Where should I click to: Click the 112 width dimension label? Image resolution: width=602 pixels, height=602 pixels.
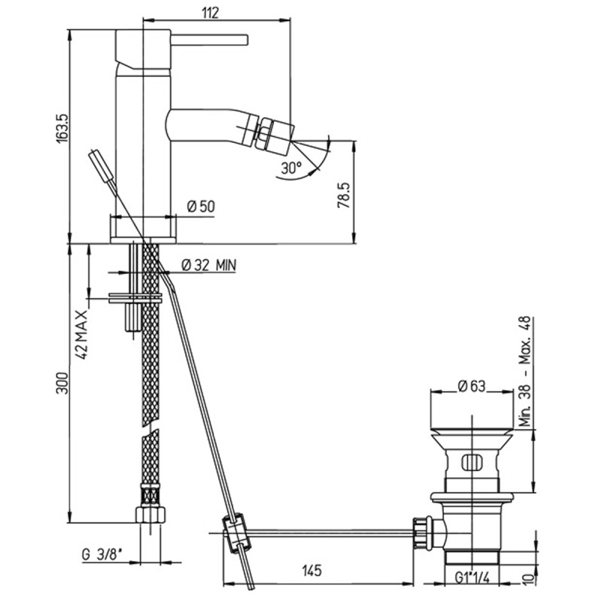pyautogui.click(x=211, y=13)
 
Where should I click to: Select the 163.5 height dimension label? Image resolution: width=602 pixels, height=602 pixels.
pyautogui.click(x=62, y=128)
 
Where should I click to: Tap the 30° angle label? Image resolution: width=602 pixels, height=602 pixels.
pyautogui.click(x=291, y=168)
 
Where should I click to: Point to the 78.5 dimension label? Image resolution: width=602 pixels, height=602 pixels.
pyautogui.click(x=344, y=195)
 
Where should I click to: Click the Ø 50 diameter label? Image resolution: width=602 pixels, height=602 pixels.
pyautogui.click(x=201, y=206)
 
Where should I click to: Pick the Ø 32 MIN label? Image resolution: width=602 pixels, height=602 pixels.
pyautogui.click(x=209, y=265)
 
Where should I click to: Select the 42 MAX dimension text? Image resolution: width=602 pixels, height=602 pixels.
pyautogui.click(x=82, y=333)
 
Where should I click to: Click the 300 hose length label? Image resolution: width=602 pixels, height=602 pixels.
pyautogui.click(x=62, y=382)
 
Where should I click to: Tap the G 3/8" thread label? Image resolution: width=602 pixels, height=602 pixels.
pyautogui.click(x=102, y=555)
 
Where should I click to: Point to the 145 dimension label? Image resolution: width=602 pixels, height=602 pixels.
pyautogui.click(x=312, y=570)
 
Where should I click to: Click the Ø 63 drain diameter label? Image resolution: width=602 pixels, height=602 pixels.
pyautogui.click(x=472, y=386)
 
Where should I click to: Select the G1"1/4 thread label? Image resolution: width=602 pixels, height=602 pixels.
pyautogui.click(x=473, y=577)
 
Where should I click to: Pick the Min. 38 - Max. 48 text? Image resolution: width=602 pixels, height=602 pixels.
pyautogui.click(x=524, y=371)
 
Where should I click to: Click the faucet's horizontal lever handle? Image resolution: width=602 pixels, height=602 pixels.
pyautogui.click(x=210, y=40)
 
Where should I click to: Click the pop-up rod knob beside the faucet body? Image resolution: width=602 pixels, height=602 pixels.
pyautogui.click(x=102, y=165)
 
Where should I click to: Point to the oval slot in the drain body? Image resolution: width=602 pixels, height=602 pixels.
pyautogui.click(x=472, y=462)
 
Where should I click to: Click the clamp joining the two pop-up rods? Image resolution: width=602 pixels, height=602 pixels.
pyautogui.click(x=236, y=534)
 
